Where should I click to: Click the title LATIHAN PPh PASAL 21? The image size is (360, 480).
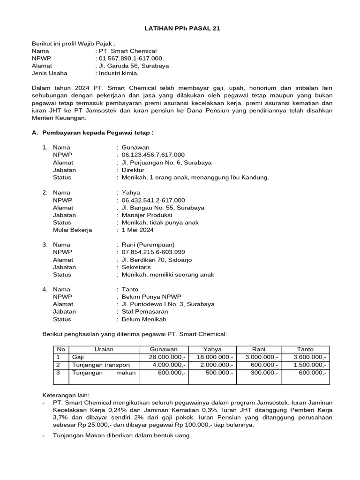pyautogui.click(x=181, y=29)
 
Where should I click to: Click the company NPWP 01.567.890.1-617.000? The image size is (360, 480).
pyautogui.click(x=131, y=58)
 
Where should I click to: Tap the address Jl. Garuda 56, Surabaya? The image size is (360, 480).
pyautogui.click(x=133, y=66)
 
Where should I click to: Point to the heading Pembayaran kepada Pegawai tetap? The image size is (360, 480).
pyautogui.click(x=98, y=133)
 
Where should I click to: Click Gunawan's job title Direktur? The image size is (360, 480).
pyautogui.click(x=133, y=170)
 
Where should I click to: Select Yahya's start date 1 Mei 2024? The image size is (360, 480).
pyautogui.click(x=137, y=230)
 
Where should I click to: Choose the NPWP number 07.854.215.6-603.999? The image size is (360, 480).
pyautogui.click(x=153, y=252)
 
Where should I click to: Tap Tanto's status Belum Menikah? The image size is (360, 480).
pyautogui.click(x=144, y=319)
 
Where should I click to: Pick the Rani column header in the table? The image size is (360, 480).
pyautogui.click(x=259, y=349)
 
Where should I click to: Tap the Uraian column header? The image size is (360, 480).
pyautogui.click(x=104, y=349)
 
